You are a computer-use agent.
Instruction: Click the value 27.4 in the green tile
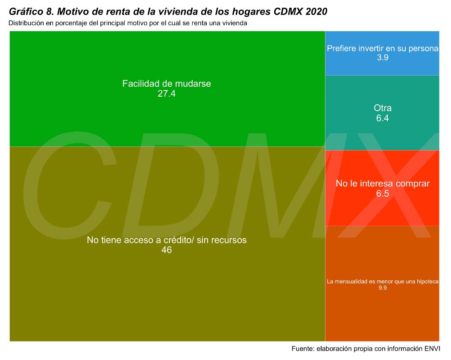point(167,94)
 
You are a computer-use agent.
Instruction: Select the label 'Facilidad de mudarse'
point(167,83)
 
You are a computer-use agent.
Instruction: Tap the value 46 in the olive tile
point(167,250)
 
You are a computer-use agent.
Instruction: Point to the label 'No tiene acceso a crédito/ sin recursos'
point(167,240)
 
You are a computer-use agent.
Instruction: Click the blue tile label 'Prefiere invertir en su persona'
point(382,48)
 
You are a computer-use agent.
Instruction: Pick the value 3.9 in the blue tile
point(382,58)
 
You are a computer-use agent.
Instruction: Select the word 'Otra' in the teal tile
point(382,108)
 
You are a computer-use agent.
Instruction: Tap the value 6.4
point(382,118)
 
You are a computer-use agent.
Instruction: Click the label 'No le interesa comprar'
point(382,183)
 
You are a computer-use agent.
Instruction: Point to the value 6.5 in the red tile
point(382,194)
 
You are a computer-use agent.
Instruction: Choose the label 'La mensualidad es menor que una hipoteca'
point(382,281)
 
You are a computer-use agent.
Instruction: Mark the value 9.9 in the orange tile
point(382,288)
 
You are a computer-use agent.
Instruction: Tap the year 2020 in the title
point(316,12)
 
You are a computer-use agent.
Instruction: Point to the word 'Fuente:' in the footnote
point(303,349)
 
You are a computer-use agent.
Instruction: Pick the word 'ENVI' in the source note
point(432,349)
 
